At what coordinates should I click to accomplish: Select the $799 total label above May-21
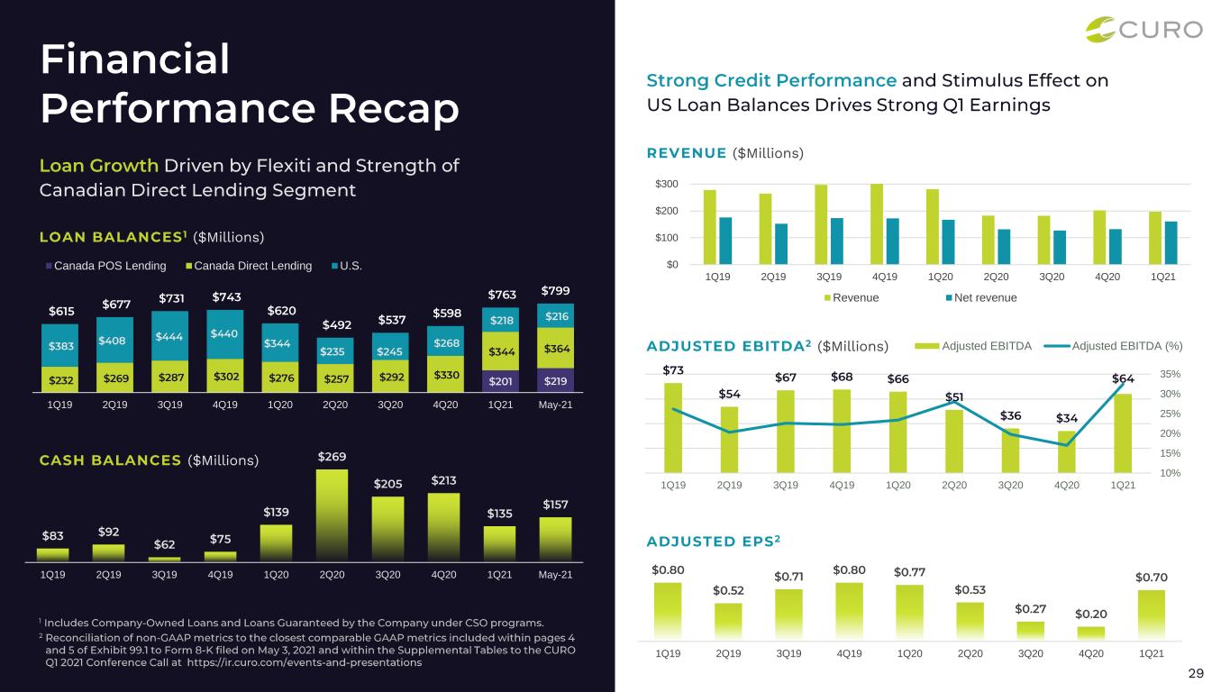coord(555,291)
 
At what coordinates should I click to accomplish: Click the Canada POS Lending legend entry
coord(106,266)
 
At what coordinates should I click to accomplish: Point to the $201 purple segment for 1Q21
coord(500,380)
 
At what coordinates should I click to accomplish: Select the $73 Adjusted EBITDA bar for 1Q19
coord(673,427)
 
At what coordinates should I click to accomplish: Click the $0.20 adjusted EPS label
coord(1090,614)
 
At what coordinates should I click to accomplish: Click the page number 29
coord(1195,673)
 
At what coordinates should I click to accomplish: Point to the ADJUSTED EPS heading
coord(713,542)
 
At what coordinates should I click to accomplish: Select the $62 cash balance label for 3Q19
coord(164,544)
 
